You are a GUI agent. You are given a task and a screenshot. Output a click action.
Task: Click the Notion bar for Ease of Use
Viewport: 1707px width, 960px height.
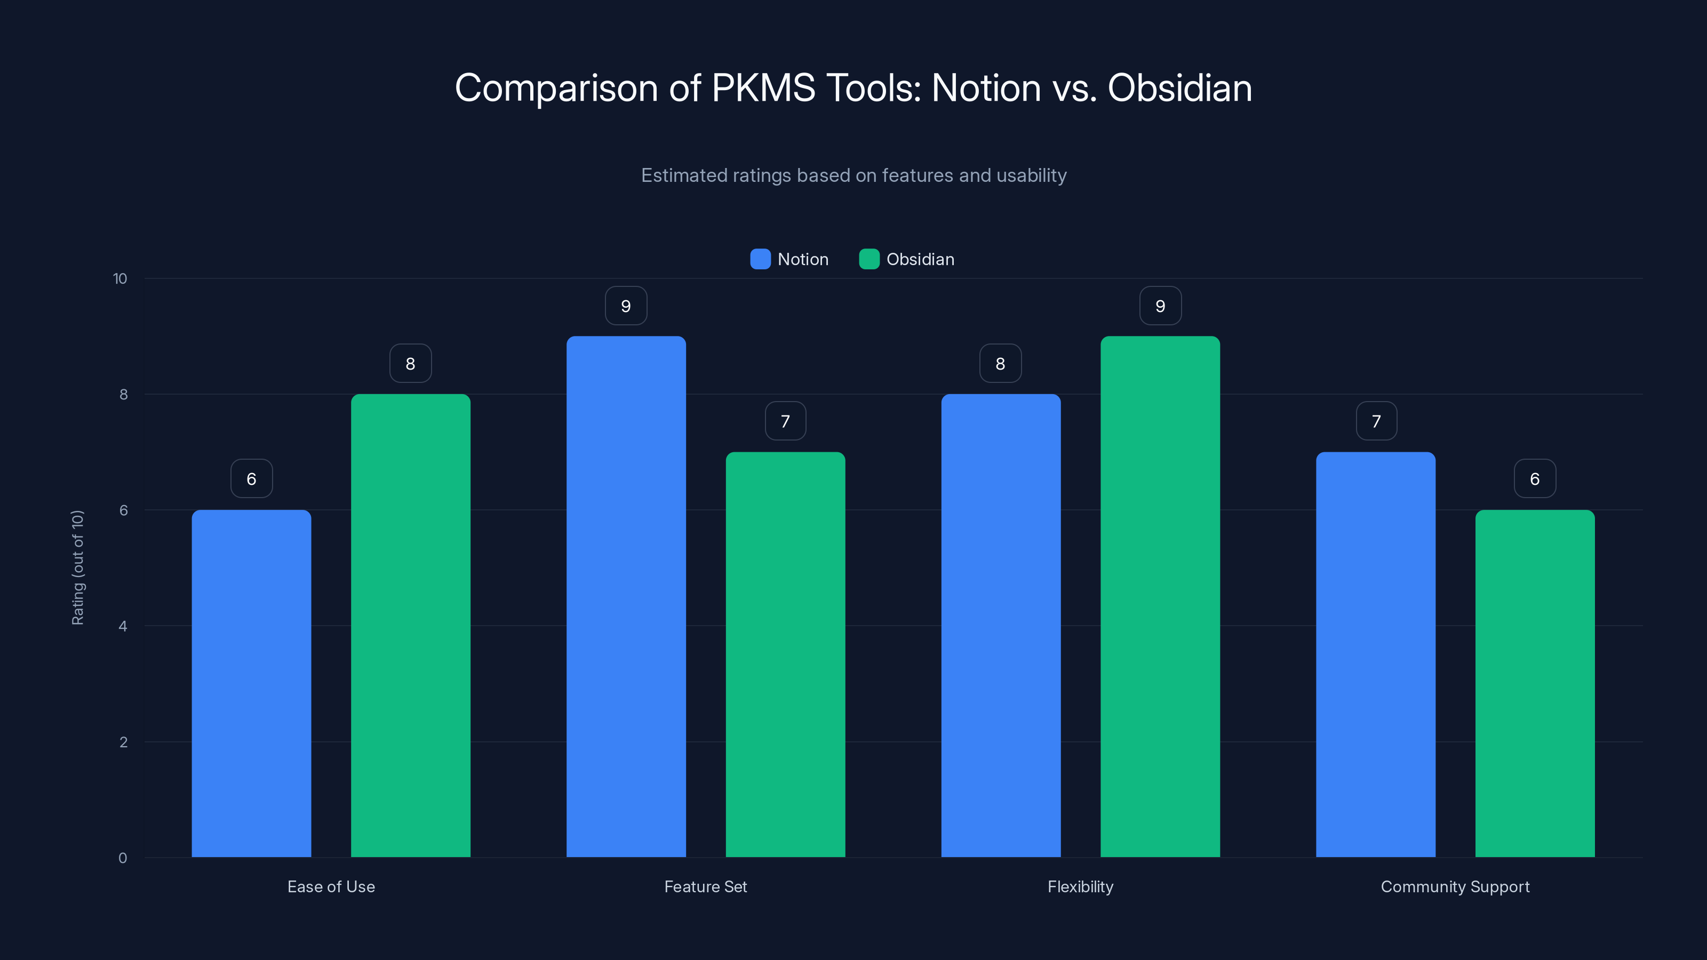251,683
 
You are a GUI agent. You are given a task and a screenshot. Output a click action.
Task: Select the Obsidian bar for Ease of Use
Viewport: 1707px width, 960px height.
410,626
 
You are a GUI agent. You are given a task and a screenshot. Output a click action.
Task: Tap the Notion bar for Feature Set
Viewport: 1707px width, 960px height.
626,596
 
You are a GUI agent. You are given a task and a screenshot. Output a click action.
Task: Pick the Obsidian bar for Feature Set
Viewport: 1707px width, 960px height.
785,654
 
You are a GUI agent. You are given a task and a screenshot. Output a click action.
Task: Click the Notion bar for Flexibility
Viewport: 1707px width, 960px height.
1001,626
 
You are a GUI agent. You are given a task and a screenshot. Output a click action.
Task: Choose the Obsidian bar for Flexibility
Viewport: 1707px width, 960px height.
1160,596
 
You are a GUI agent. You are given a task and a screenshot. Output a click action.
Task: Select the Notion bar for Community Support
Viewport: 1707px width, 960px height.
1376,654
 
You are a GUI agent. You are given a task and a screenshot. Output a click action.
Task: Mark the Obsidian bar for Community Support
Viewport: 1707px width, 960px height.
1535,683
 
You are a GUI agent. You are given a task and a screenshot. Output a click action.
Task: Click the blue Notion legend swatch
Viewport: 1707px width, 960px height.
760,259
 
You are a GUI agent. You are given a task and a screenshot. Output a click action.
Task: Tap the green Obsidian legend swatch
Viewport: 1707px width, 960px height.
869,259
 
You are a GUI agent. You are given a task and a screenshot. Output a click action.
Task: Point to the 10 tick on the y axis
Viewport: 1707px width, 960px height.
120,279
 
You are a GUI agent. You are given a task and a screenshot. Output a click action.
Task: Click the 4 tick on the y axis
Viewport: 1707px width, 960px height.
123,626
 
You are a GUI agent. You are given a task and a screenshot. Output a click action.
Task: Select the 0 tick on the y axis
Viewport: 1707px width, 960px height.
123,858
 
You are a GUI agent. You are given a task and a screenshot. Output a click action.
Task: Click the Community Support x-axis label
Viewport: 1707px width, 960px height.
1455,886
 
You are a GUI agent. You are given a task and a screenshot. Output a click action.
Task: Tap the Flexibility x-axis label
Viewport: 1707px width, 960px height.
1080,886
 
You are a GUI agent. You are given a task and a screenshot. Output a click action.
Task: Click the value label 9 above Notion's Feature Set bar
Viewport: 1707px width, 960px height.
626,306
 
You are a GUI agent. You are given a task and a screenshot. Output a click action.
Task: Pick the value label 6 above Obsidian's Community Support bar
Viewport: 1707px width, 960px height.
1535,479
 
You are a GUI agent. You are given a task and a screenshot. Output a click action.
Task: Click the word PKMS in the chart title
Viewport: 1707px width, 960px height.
763,88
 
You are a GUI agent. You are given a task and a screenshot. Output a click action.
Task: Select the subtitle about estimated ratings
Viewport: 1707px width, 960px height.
853,175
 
